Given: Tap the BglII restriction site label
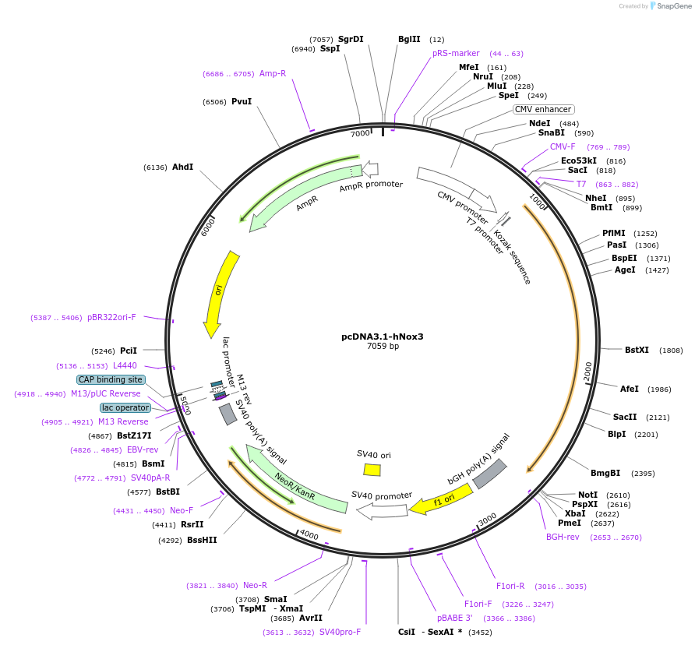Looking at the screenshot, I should coord(409,39).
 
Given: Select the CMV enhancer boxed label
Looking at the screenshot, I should coord(543,109).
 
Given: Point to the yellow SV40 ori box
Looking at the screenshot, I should coord(372,470).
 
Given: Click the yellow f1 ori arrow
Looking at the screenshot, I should coord(441,499).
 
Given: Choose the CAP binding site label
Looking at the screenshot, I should coord(111,379).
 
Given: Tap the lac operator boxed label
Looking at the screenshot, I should coord(125,407).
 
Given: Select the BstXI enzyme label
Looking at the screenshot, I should coord(637,350).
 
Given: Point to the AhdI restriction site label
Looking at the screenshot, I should coord(182,167).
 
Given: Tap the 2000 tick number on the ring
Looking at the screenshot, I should coord(588,372).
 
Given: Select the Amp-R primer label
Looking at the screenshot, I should coord(273,73).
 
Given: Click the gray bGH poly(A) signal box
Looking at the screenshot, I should coord(489,474).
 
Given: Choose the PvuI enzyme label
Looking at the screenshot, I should coord(241,101).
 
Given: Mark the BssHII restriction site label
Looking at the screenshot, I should coord(202,540).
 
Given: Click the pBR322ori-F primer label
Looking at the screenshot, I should coord(111,317).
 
